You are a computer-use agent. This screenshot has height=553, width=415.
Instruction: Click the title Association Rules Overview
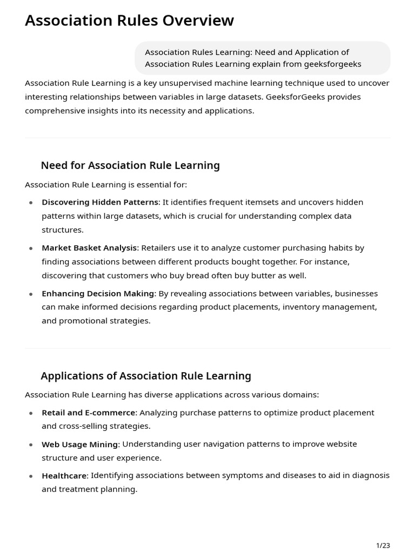pyautogui.click(x=129, y=21)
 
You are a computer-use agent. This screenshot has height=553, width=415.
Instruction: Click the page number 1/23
pyautogui.click(x=383, y=545)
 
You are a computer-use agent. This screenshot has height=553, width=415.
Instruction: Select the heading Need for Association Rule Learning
pyautogui.click(x=130, y=165)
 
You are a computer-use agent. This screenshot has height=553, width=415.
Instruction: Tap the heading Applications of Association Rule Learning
pyautogui.click(x=146, y=376)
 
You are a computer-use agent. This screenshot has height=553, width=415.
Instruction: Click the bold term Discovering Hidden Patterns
pyautogui.click(x=100, y=202)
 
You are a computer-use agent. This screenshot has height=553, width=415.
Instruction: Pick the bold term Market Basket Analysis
pyautogui.click(x=89, y=248)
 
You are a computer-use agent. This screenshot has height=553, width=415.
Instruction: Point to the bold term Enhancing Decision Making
pyautogui.click(x=98, y=293)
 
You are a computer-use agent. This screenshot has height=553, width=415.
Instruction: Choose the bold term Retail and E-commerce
pyautogui.click(x=88, y=413)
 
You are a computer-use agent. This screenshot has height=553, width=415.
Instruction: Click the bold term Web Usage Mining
pyautogui.click(x=79, y=444)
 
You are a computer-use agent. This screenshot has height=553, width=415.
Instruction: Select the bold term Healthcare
pyautogui.click(x=64, y=476)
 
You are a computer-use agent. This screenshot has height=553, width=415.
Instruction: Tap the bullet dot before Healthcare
pyautogui.click(x=31, y=476)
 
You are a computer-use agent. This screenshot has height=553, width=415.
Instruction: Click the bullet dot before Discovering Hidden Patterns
pyautogui.click(x=31, y=203)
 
